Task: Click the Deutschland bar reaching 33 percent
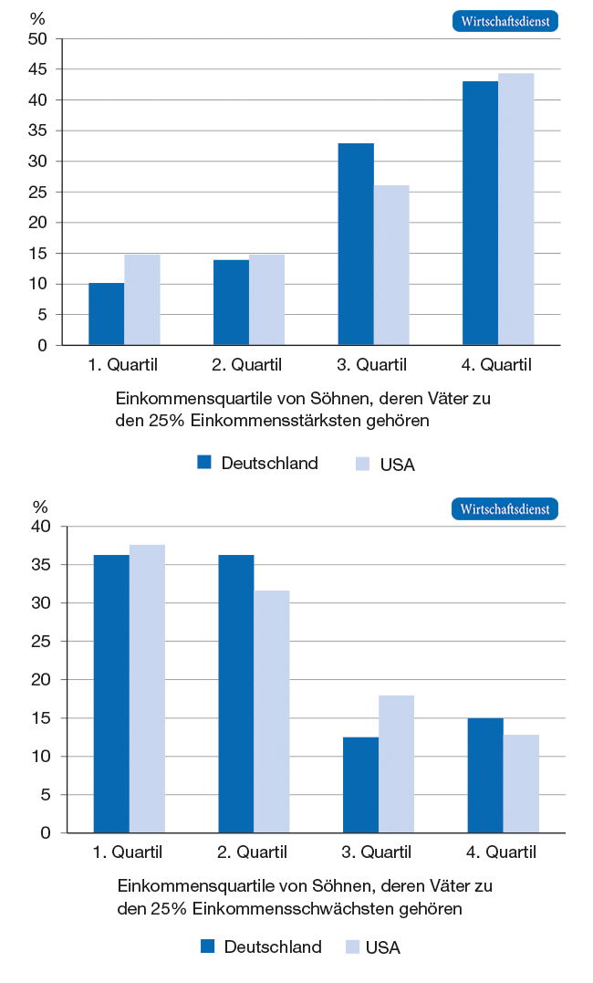tap(356, 245)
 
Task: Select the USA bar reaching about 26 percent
tap(391, 266)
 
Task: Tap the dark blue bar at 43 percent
tap(480, 214)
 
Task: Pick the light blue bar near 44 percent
tap(516, 209)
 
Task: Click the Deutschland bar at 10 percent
tap(106, 314)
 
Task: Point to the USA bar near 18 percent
tap(396, 764)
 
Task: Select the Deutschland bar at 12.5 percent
tap(360, 785)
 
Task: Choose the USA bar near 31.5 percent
tap(272, 712)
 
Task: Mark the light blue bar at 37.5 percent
tap(147, 689)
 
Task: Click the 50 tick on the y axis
tap(37, 39)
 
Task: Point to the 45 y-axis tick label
tap(37, 69)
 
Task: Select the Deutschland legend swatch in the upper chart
tap(204, 463)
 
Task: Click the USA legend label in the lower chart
tap(382, 947)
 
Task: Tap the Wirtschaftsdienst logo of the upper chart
tap(505, 22)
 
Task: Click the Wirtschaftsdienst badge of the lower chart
tap(505, 509)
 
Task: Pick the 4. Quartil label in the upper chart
tap(496, 366)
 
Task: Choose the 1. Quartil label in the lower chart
tap(128, 853)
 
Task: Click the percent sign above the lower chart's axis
tap(40, 507)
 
